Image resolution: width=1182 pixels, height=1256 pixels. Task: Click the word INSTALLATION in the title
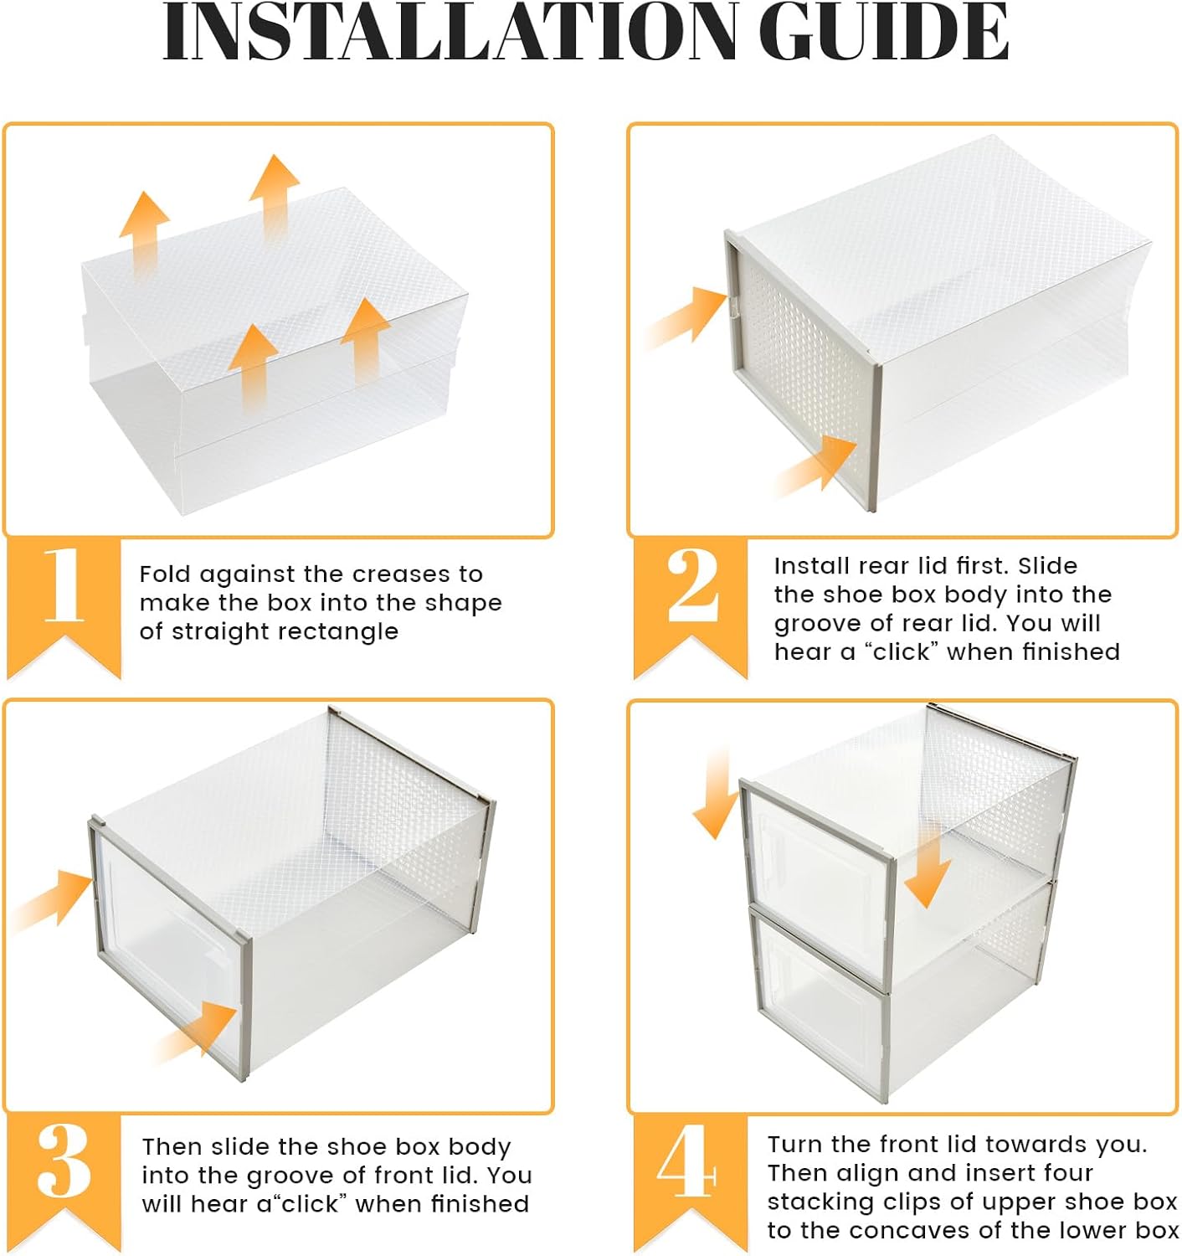[x=448, y=33]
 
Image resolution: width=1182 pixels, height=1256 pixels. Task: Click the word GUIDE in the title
[x=887, y=33]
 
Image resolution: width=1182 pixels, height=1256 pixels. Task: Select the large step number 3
[x=64, y=1161]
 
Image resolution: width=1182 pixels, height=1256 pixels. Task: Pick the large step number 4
[x=686, y=1161]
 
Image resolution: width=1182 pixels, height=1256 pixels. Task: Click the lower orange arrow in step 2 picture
[x=816, y=465]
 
